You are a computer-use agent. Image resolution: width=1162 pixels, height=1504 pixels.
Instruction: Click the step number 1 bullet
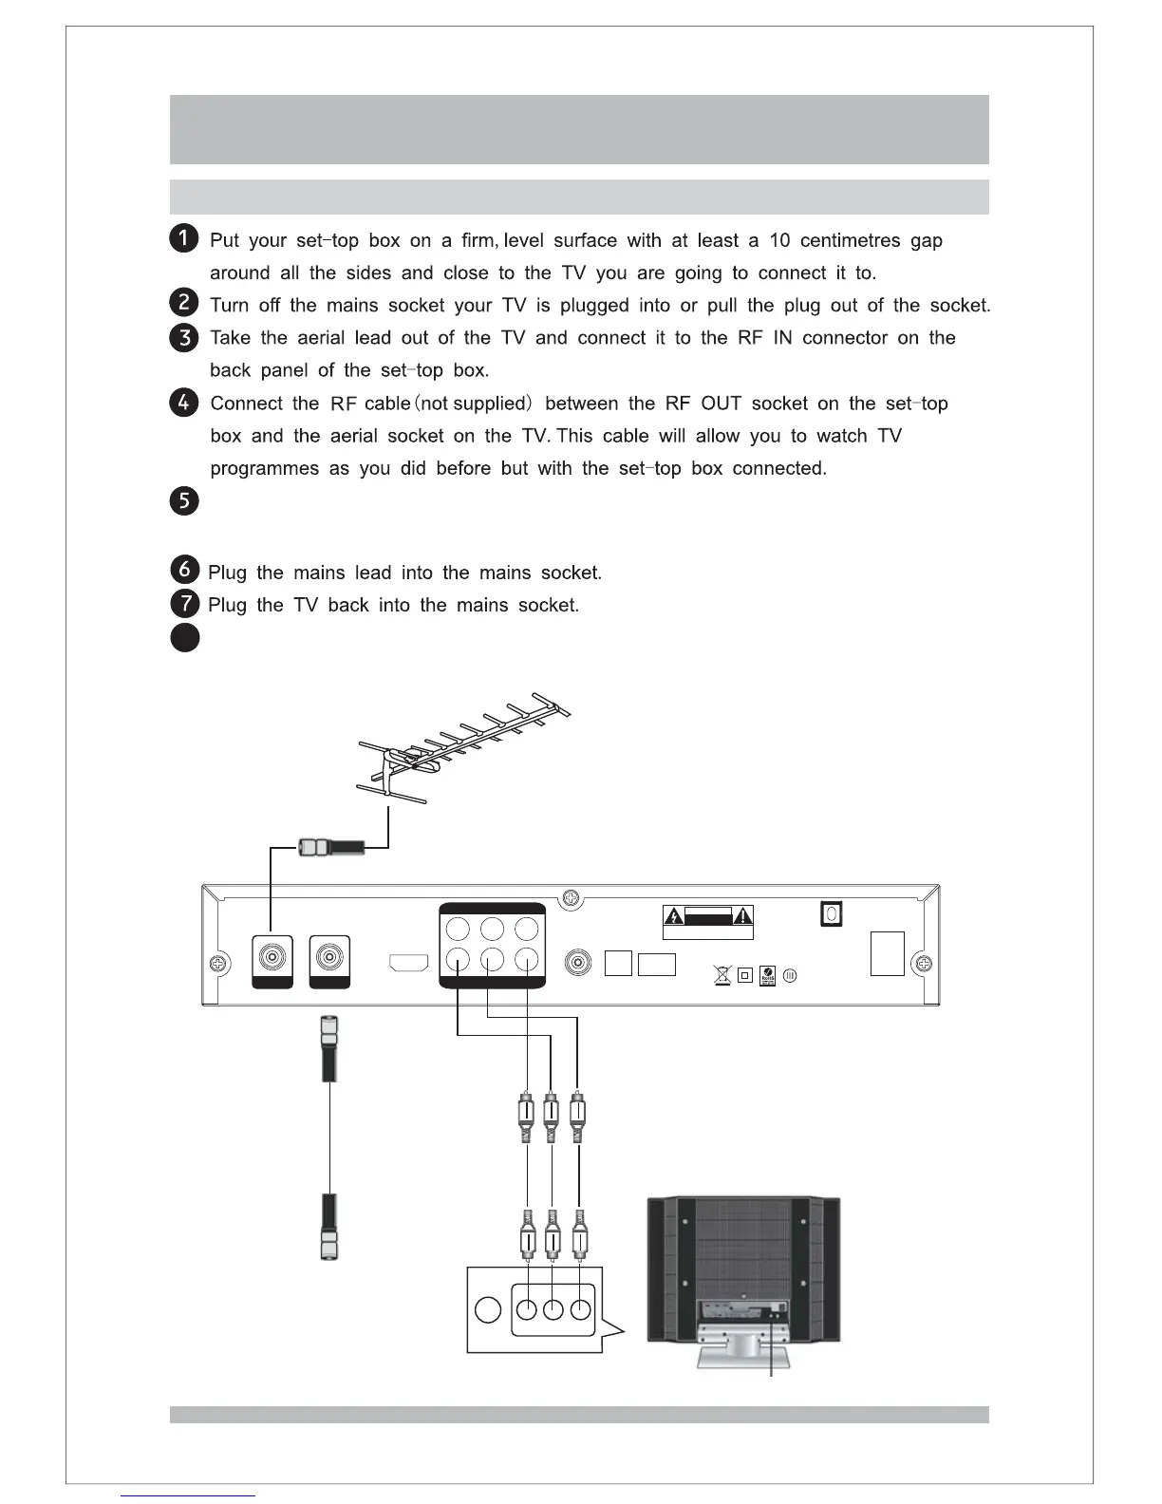coord(185,238)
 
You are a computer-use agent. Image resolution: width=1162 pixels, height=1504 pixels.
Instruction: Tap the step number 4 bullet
coord(185,402)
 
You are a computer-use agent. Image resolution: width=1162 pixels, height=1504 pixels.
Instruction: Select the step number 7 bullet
coord(185,603)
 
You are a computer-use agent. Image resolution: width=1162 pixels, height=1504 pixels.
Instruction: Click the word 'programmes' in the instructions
coord(264,469)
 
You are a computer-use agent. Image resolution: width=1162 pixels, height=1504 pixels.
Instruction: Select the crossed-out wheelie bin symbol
coord(722,974)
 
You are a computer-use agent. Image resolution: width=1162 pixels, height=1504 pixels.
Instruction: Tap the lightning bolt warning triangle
coord(673,916)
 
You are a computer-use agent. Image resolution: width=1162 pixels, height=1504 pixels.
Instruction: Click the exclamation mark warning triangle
coord(742,916)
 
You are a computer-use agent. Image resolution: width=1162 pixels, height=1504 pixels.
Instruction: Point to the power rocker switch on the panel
coord(831,914)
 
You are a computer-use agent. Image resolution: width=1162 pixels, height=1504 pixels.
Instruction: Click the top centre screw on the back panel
coord(570,897)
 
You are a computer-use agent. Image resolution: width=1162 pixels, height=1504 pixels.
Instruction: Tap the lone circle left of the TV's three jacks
coord(487,1310)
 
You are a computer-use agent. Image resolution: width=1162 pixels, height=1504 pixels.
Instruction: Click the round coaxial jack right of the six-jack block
coord(578,963)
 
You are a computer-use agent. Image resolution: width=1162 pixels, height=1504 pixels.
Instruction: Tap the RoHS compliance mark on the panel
coord(767,975)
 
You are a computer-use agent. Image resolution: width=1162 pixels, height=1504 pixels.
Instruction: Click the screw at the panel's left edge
coord(217,964)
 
